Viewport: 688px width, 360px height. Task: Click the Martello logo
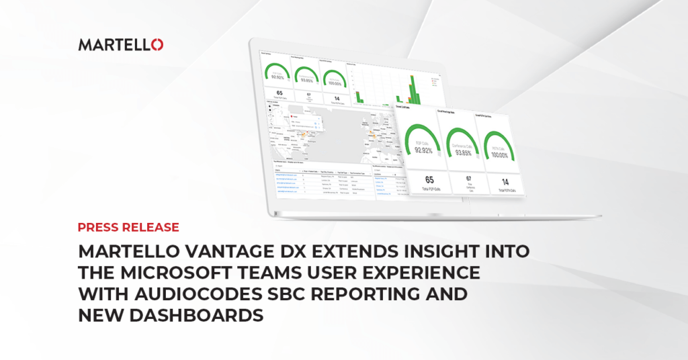pos(120,45)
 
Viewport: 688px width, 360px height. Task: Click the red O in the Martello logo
pos(157,45)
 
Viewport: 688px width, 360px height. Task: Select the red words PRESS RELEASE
pos(128,227)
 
